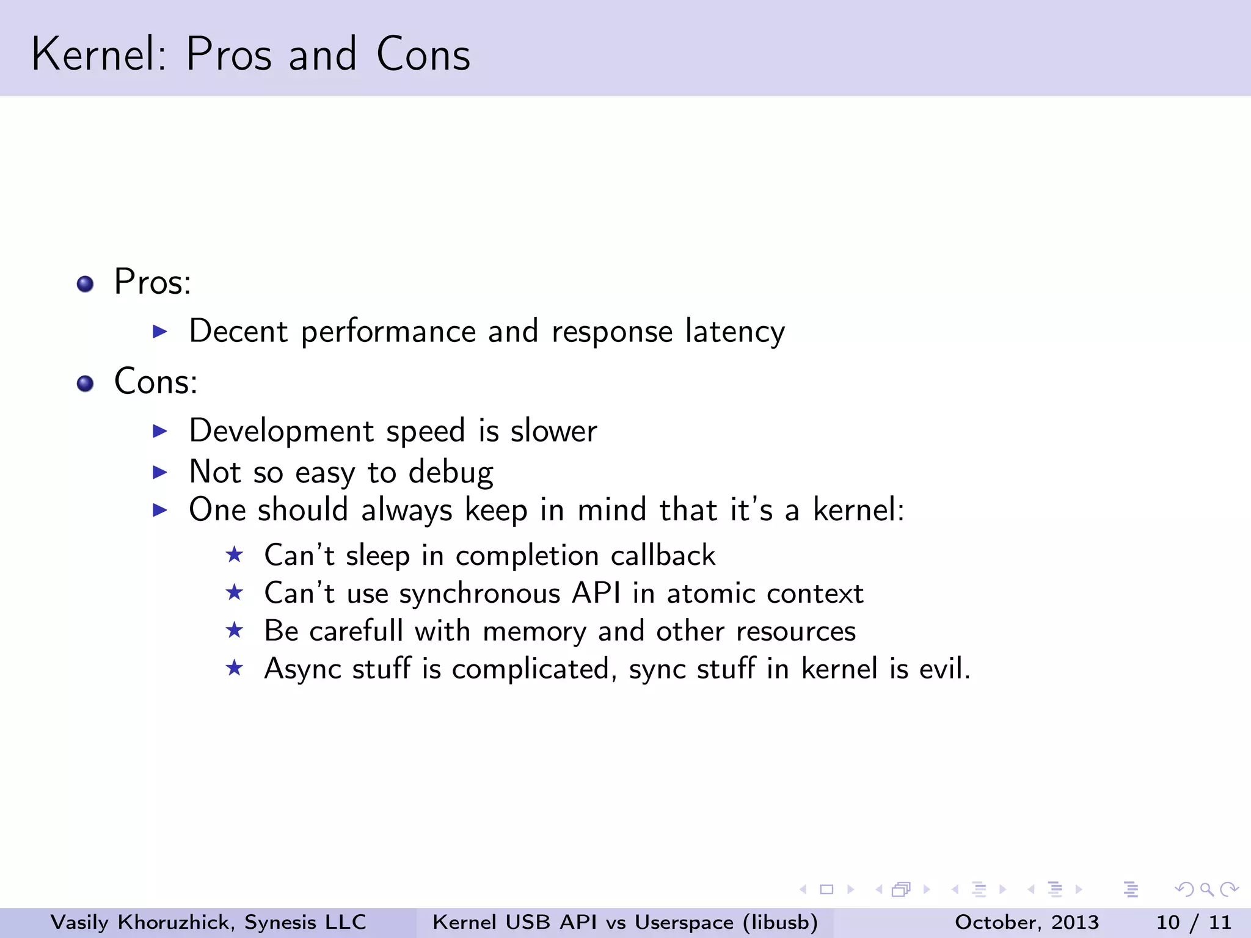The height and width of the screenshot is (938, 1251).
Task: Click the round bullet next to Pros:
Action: pos(86,284)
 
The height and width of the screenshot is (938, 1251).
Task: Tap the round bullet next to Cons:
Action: pos(86,384)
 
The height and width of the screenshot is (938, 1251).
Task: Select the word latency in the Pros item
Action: pos(735,332)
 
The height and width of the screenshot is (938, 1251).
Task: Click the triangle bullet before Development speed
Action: pos(160,431)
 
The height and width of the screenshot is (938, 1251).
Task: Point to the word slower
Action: pos(553,431)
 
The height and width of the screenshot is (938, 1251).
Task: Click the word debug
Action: pos(451,473)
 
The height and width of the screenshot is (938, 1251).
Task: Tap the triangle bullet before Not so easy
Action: pos(160,472)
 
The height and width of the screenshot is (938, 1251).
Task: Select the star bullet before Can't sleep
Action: pos(235,554)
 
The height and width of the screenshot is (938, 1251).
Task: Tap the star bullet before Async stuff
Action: pos(235,668)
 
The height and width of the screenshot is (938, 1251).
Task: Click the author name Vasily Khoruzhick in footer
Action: pos(140,922)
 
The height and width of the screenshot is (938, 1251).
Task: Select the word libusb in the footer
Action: pos(779,922)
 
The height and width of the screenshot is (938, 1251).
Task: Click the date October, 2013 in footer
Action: pos(1026,922)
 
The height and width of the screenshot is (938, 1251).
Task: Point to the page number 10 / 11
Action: pos(1193,922)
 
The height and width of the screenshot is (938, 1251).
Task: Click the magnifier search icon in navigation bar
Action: pos(1206,890)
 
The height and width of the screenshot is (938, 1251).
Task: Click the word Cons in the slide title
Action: pos(423,54)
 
